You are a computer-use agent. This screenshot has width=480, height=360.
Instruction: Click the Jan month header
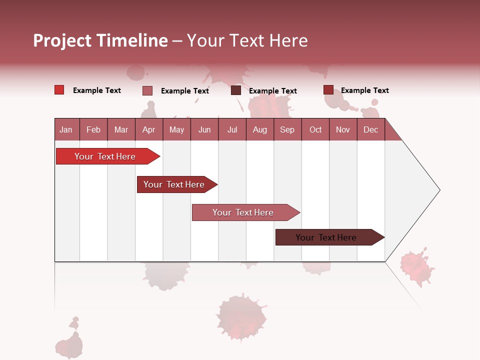66,129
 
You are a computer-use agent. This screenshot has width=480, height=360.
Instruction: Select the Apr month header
148,129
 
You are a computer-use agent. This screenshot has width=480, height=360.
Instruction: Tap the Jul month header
232,129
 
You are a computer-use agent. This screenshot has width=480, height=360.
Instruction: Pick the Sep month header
287,129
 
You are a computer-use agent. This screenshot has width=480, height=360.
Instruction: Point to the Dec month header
370,129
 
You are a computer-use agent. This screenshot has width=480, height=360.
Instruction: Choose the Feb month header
93,129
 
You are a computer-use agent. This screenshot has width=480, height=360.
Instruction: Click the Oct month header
315,129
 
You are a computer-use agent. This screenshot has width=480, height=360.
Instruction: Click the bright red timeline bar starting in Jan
105,156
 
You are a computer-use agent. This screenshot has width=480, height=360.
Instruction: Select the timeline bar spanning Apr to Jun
174,184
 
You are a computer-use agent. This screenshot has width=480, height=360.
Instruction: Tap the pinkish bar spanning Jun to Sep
243,212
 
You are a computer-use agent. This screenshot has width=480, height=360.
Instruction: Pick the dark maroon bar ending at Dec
326,237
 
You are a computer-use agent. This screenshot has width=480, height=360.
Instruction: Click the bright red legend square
59,90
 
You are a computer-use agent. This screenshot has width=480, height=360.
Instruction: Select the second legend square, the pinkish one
147,90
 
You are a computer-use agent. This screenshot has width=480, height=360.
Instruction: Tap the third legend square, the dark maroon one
236,90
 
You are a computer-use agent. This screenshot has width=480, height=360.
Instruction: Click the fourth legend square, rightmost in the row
328,90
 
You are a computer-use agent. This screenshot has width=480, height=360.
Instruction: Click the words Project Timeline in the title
100,40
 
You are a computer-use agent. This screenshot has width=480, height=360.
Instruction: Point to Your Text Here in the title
247,40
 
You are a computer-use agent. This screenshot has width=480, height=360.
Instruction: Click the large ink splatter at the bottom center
241,316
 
